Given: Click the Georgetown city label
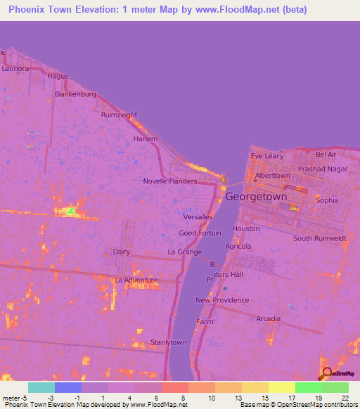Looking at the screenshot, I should (256, 197).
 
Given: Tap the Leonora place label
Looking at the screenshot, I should (15, 69).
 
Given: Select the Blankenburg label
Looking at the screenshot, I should (75, 93).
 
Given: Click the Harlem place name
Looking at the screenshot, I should (146, 139).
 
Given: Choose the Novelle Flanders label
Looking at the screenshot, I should (170, 181).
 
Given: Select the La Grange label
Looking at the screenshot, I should (185, 252).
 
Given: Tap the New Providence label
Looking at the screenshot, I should (222, 300).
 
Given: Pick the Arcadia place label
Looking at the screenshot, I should (268, 319).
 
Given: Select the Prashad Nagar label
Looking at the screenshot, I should (323, 169).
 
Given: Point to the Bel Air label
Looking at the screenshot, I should (326, 154).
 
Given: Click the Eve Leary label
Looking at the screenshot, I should (267, 156).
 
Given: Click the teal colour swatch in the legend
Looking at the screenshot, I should (41, 387).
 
